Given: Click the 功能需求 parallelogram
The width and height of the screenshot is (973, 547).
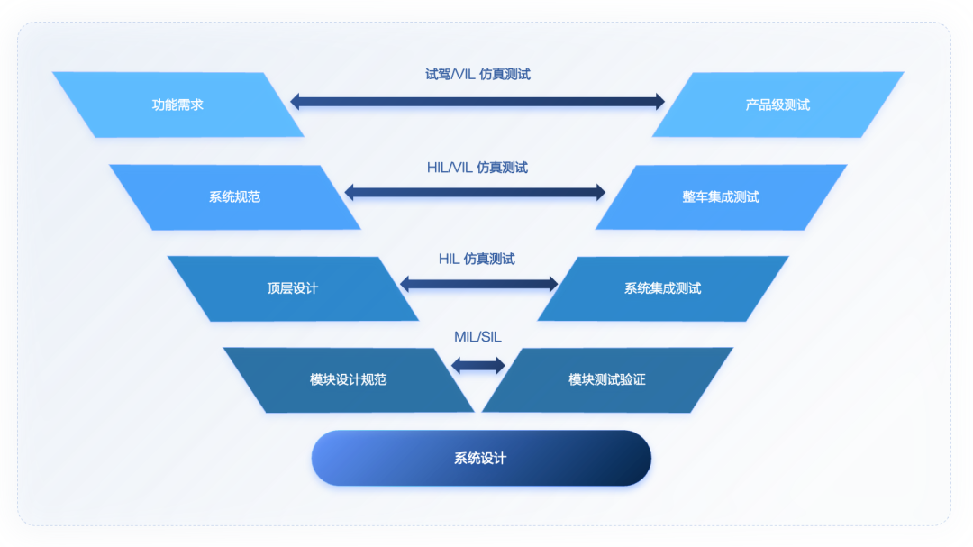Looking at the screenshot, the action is pos(178,105).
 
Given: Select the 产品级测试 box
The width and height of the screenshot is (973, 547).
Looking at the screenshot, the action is pos(778,105).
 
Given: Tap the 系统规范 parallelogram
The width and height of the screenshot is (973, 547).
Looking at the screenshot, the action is pos(234,196).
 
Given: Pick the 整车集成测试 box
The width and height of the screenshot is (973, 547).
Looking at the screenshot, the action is pos(721,196).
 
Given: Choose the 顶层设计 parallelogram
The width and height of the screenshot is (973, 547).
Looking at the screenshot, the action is pos(293,288).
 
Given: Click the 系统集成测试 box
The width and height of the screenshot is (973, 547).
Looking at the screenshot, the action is pos(663,288).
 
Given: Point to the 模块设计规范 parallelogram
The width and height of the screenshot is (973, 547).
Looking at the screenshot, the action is pos(348,379).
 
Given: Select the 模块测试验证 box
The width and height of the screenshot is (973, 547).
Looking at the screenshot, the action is pos(607,379).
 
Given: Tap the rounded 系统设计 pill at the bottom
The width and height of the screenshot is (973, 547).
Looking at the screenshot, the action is pos(481,458).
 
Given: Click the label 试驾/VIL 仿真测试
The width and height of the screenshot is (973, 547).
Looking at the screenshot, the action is pos(477,75).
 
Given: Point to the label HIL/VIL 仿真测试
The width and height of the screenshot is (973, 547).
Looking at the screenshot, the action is pos(477,168).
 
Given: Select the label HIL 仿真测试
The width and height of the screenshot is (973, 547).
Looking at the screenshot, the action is pos(477,259).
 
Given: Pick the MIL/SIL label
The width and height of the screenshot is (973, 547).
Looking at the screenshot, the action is pos(477,337).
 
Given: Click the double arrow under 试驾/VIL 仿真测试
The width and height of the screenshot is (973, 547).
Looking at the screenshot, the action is pos(477,101).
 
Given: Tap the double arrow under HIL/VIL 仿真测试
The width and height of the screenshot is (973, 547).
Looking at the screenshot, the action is pos(475,193).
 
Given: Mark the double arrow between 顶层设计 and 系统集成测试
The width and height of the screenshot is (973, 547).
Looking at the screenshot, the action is pos(478,285).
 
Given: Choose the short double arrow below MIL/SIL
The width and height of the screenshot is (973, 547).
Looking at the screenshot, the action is pos(477,365).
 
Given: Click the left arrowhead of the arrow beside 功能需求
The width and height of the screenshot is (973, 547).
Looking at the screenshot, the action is pos(295,101).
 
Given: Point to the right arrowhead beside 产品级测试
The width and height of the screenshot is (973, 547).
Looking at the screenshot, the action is pos(660,101).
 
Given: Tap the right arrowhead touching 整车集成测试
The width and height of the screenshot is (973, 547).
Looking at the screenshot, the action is pos(601,193).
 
